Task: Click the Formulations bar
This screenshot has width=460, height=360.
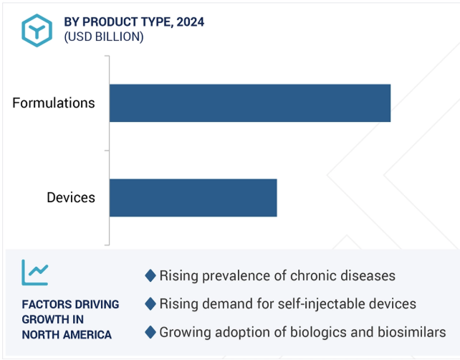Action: point(250,103)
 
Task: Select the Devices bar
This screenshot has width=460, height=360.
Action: point(193,198)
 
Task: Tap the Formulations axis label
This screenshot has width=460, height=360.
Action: point(54,103)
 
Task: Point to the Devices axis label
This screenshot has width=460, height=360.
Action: point(71,198)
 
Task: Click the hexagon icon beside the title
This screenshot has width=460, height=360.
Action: point(37,30)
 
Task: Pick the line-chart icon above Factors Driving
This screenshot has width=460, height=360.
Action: point(35,273)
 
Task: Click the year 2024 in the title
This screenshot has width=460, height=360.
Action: point(191,22)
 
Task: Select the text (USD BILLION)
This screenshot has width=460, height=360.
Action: point(104,37)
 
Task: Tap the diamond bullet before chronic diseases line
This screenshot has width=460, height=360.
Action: point(150,275)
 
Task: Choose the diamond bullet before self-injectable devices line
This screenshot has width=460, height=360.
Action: point(150,304)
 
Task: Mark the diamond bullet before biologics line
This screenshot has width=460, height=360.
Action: point(150,332)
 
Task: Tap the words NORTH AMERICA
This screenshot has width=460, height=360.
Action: point(67,335)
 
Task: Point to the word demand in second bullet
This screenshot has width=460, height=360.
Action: point(228,304)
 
